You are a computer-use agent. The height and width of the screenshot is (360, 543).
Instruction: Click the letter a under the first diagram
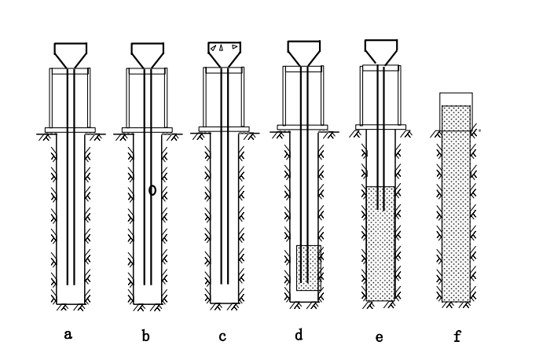click(68, 334)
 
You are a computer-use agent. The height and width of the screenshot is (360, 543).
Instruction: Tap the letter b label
click(145, 337)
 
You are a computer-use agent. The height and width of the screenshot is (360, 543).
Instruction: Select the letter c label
click(222, 337)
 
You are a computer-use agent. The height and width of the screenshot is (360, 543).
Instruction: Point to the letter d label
click(299, 335)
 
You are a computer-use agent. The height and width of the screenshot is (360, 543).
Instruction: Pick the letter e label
click(380, 337)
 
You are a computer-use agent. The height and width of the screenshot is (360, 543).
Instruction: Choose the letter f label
click(457, 337)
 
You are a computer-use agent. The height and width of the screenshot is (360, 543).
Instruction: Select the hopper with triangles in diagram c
click(223, 52)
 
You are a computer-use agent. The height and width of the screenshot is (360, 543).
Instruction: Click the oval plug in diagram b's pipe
click(152, 189)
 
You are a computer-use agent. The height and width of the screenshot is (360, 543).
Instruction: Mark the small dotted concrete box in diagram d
click(309, 267)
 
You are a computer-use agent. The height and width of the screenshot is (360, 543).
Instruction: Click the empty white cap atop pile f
click(455, 99)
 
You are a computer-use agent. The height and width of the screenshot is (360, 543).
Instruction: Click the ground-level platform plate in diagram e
click(381, 127)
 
